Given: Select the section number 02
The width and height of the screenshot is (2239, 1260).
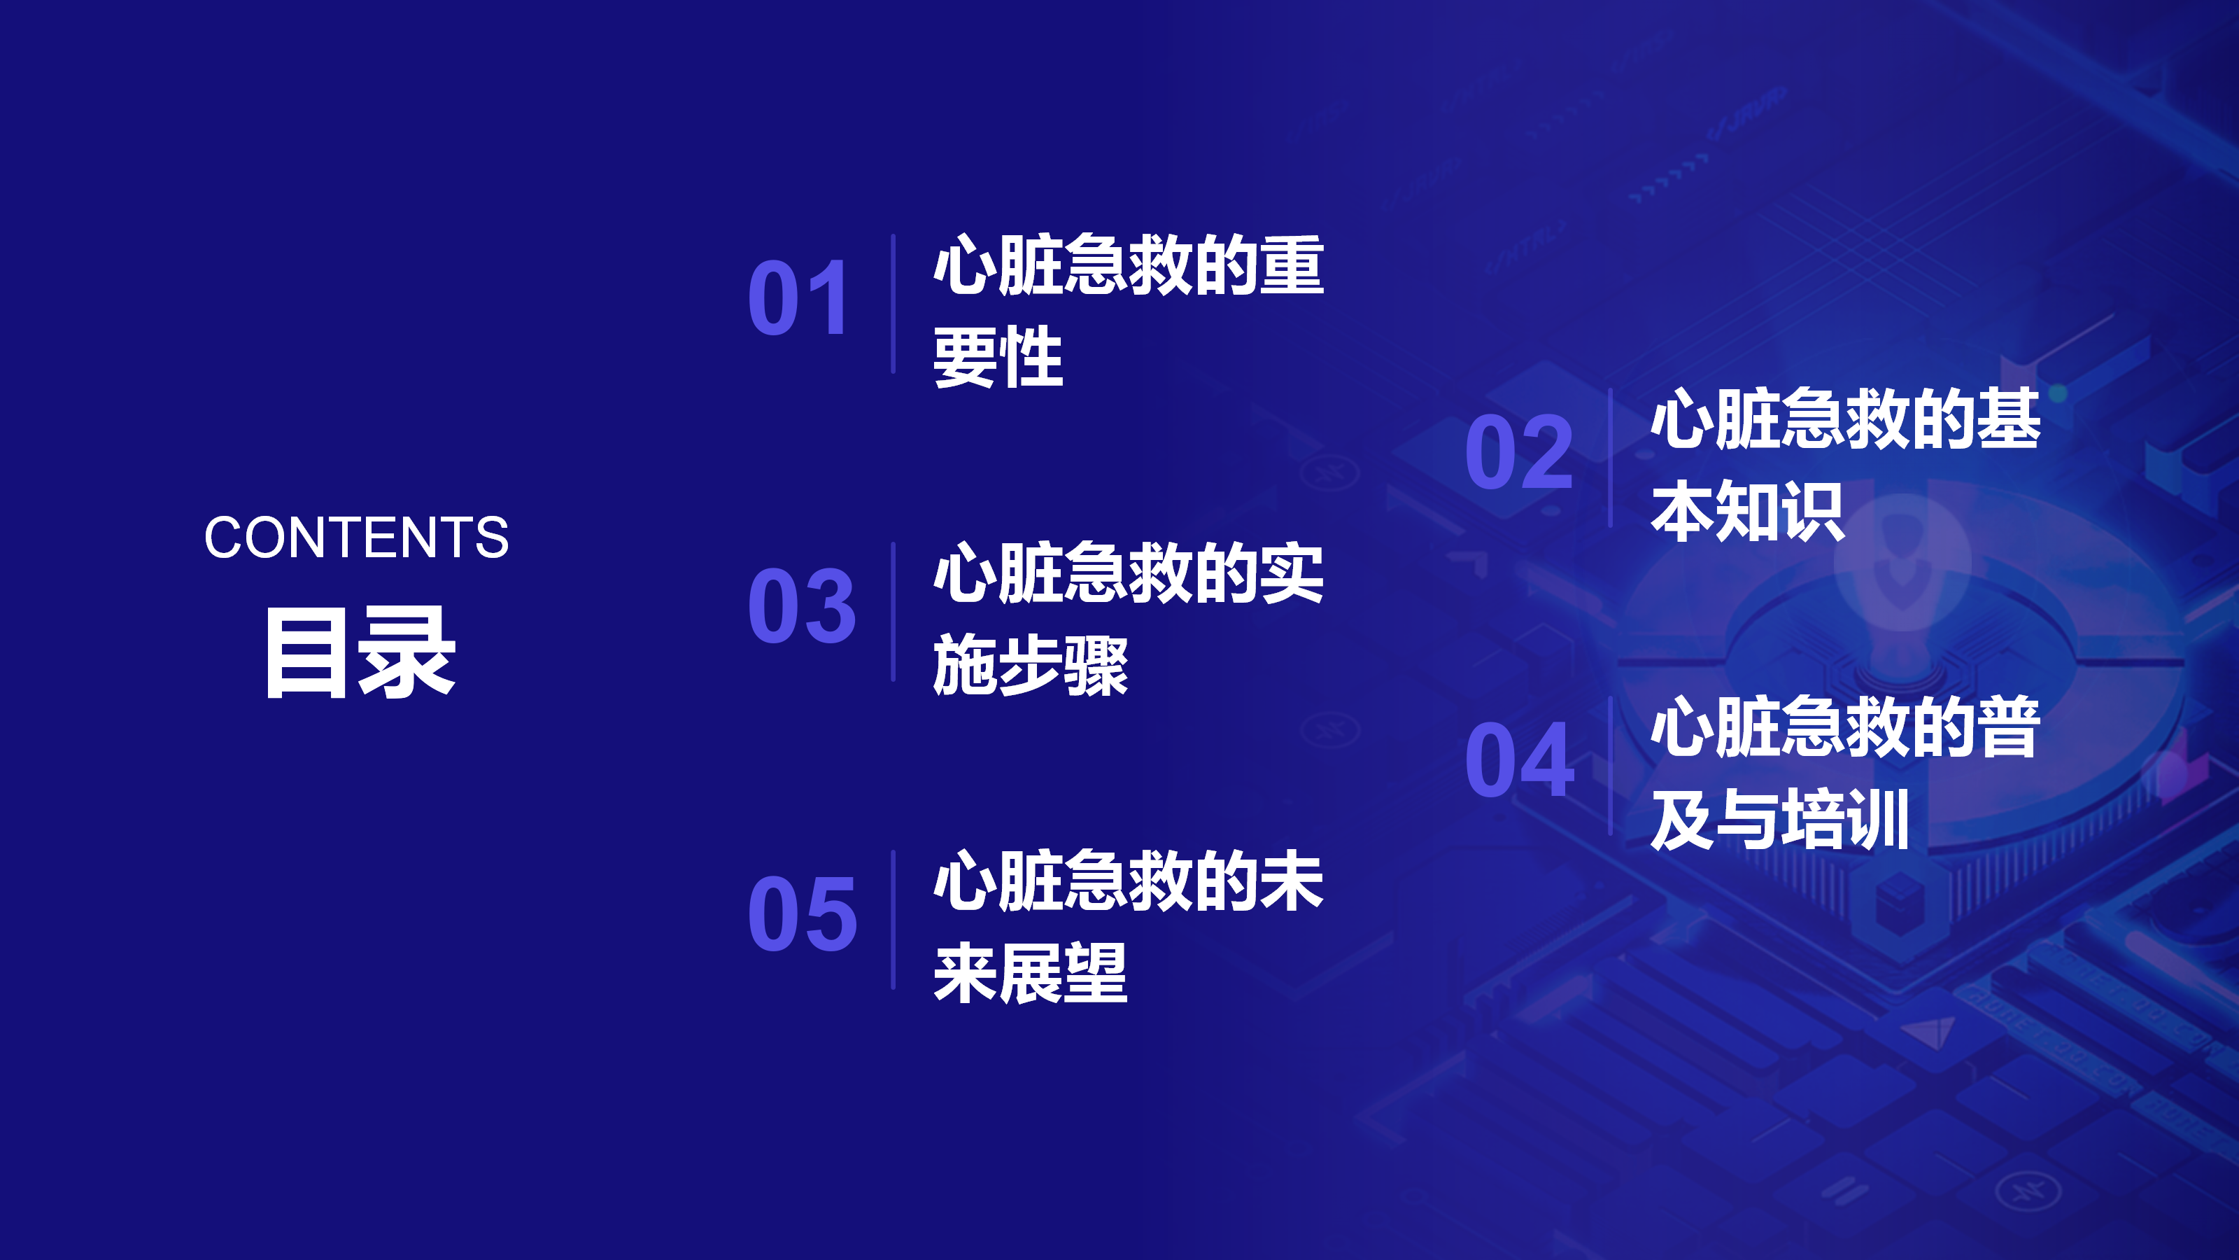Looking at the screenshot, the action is click(1518, 451).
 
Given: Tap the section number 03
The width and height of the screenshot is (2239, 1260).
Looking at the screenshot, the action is click(801, 605).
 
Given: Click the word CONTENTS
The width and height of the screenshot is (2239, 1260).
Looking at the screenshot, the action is click(356, 538).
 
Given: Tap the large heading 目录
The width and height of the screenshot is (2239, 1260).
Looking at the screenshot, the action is click(360, 652).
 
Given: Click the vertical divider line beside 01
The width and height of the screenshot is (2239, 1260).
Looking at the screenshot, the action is click(893, 304).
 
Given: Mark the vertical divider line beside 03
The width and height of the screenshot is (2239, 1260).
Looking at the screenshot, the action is click(893, 611).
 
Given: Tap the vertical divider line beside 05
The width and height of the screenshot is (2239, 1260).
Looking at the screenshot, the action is click(893, 919).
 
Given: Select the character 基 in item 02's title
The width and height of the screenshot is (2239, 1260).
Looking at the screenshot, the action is click(2009, 419).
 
